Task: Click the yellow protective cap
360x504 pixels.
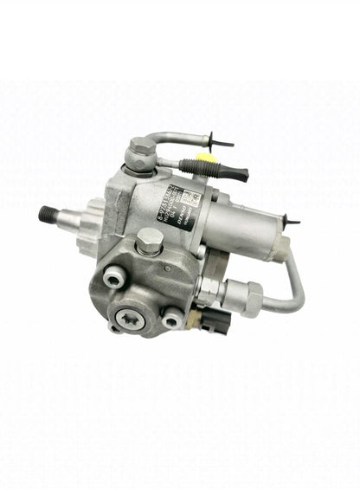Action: [202, 161]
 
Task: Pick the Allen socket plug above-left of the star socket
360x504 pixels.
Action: [113, 278]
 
